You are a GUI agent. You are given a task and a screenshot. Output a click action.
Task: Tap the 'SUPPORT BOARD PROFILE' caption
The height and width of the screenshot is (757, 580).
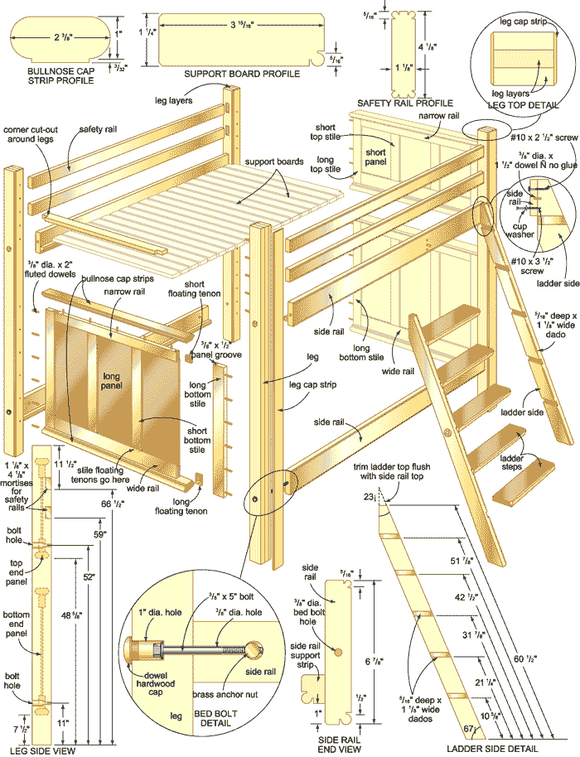coord(241,74)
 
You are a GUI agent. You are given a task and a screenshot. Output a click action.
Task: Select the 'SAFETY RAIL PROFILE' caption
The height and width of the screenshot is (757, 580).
coord(405,104)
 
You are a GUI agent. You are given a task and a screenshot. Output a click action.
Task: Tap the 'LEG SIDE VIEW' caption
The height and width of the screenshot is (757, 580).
coord(42,750)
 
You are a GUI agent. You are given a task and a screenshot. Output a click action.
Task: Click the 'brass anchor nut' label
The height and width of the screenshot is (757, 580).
coord(227,694)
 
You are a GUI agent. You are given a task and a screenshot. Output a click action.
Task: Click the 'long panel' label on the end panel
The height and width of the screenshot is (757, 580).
coord(112,382)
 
